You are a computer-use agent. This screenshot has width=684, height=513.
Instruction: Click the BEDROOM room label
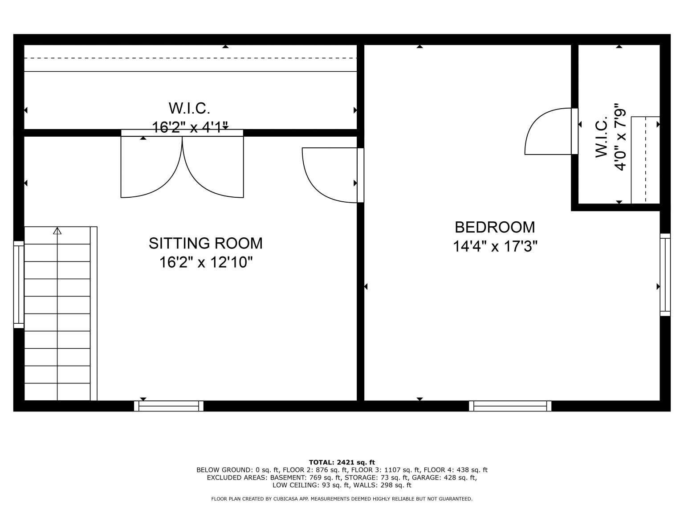click(495, 227)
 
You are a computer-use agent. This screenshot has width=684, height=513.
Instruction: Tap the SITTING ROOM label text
click(206, 243)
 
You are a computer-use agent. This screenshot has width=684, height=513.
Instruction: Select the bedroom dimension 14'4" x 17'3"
click(495, 246)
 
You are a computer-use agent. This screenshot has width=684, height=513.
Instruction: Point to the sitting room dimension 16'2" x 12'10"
click(206, 262)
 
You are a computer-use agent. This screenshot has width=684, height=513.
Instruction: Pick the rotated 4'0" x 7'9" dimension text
click(620, 137)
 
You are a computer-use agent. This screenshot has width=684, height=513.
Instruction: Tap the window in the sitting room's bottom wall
click(169, 406)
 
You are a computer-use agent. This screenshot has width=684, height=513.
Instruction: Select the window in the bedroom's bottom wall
click(510, 406)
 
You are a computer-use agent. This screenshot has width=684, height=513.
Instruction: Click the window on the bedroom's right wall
click(665, 275)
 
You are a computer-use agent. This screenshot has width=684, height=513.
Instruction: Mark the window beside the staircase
click(19, 285)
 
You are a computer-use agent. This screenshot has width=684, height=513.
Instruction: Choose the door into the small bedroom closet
click(551, 131)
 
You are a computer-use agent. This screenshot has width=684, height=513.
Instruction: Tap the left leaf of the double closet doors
click(151, 167)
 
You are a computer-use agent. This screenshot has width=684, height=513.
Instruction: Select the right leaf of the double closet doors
click(213, 167)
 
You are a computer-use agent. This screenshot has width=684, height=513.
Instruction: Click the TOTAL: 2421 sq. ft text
click(342, 463)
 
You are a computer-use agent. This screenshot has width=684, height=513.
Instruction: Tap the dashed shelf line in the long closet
click(191, 58)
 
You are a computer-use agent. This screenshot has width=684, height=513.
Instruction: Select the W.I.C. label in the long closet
click(189, 108)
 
